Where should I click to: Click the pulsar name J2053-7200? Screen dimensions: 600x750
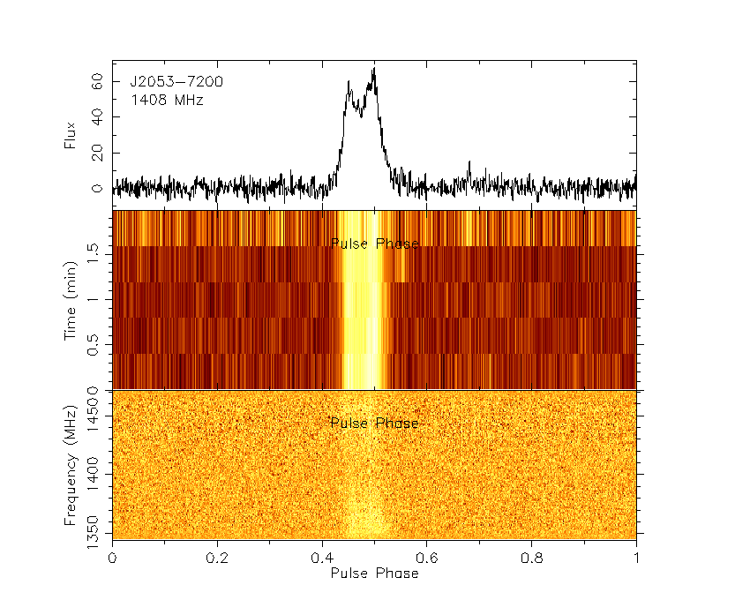(x=176, y=82)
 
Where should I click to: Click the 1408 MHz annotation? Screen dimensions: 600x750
(x=168, y=101)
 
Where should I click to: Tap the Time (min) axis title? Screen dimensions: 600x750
(x=70, y=300)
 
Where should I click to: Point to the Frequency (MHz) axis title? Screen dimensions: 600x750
(x=70, y=464)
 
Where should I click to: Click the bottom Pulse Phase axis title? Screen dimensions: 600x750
(x=374, y=574)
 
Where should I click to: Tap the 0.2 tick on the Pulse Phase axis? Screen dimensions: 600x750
(x=217, y=558)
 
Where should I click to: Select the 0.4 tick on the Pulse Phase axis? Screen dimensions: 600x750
(x=322, y=558)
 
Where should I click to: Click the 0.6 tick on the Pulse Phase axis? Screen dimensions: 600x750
(x=427, y=558)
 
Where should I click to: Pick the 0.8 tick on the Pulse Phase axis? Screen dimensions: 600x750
(x=531, y=558)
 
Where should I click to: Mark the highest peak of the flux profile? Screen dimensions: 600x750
(x=375, y=68)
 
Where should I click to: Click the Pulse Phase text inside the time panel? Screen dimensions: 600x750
(x=374, y=244)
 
